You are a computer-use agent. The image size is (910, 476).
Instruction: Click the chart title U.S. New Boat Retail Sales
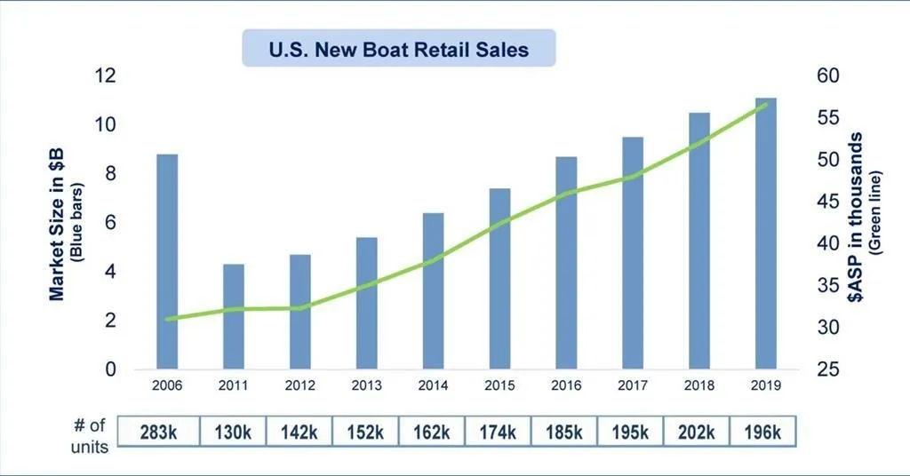[x=398, y=49]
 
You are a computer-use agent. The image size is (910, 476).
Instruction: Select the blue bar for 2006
[x=167, y=262]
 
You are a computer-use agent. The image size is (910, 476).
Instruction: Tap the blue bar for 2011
[x=234, y=316]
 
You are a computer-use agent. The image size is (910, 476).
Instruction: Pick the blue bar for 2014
[x=433, y=291]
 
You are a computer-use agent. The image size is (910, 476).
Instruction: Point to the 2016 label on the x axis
[x=566, y=387]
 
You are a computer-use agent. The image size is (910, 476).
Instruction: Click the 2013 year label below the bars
[x=366, y=387]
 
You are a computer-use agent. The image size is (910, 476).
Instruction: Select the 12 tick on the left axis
[x=105, y=76]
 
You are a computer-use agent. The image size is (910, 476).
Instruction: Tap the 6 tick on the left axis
[x=110, y=223]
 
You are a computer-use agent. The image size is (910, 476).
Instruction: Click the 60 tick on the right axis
[x=827, y=76]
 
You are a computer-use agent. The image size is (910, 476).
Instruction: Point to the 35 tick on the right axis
[x=827, y=286]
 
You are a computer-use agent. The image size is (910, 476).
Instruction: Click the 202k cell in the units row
[x=696, y=432]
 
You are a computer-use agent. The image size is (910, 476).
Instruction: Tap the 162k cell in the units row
[x=431, y=432]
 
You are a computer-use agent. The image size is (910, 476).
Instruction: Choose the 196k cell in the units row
[x=762, y=432]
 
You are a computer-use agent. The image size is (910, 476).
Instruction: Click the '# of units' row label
[x=89, y=435]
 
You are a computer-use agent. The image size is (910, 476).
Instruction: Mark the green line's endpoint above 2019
[x=766, y=105]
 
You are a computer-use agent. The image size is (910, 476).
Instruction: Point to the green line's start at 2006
[x=167, y=319]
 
